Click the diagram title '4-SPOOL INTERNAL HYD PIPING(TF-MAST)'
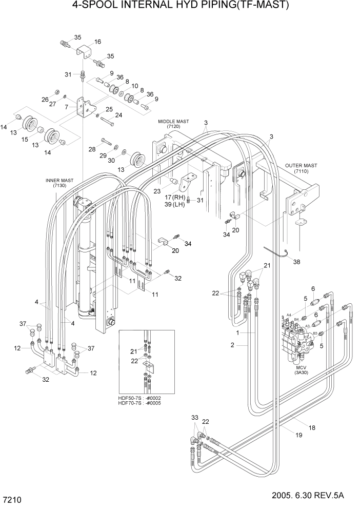click(180, 6)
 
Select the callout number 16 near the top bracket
click(97, 42)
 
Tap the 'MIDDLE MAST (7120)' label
click(173, 124)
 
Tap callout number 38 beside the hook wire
click(296, 262)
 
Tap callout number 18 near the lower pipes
click(312, 427)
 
